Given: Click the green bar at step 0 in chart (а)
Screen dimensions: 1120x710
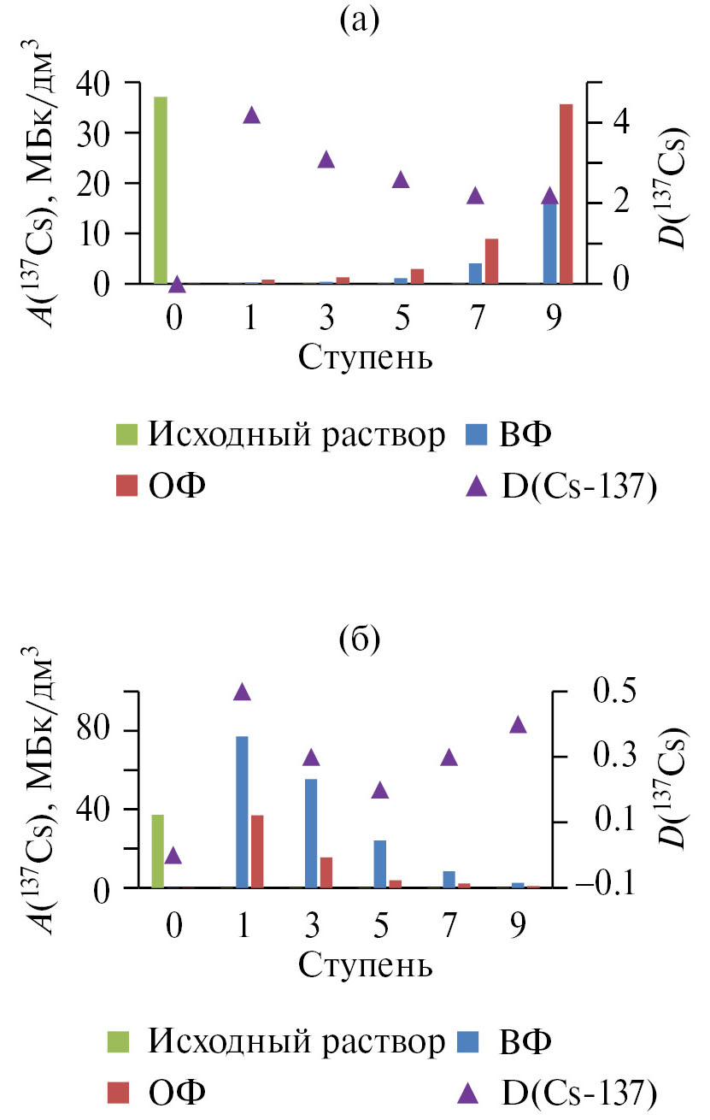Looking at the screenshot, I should coord(160,190).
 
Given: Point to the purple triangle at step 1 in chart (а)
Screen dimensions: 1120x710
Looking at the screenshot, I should coord(251,115).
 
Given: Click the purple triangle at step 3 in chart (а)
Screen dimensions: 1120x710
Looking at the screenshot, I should coord(326,160).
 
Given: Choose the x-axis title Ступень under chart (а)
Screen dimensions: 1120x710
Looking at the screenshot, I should coord(365,357).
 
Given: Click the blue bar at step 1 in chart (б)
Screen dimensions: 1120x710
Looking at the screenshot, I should coord(242,811).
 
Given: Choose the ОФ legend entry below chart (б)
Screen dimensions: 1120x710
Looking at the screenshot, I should coord(175,1090).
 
